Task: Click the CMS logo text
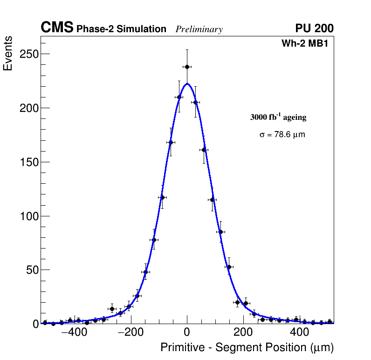(x=57, y=28)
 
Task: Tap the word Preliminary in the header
(x=199, y=29)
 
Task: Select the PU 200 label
(x=314, y=28)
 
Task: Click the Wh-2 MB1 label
(x=308, y=44)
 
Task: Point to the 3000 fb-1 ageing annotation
(x=278, y=117)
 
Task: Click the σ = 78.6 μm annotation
(x=282, y=135)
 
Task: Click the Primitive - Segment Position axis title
(x=247, y=348)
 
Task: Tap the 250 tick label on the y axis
(x=28, y=54)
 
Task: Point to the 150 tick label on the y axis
(x=28, y=162)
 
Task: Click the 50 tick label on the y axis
(x=31, y=270)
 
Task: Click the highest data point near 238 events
(x=187, y=67)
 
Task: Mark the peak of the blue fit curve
(x=187, y=84)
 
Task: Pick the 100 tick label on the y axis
(x=28, y=216)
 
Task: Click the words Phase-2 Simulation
(x=121, y=29)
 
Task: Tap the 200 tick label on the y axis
(x=28, y=108)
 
